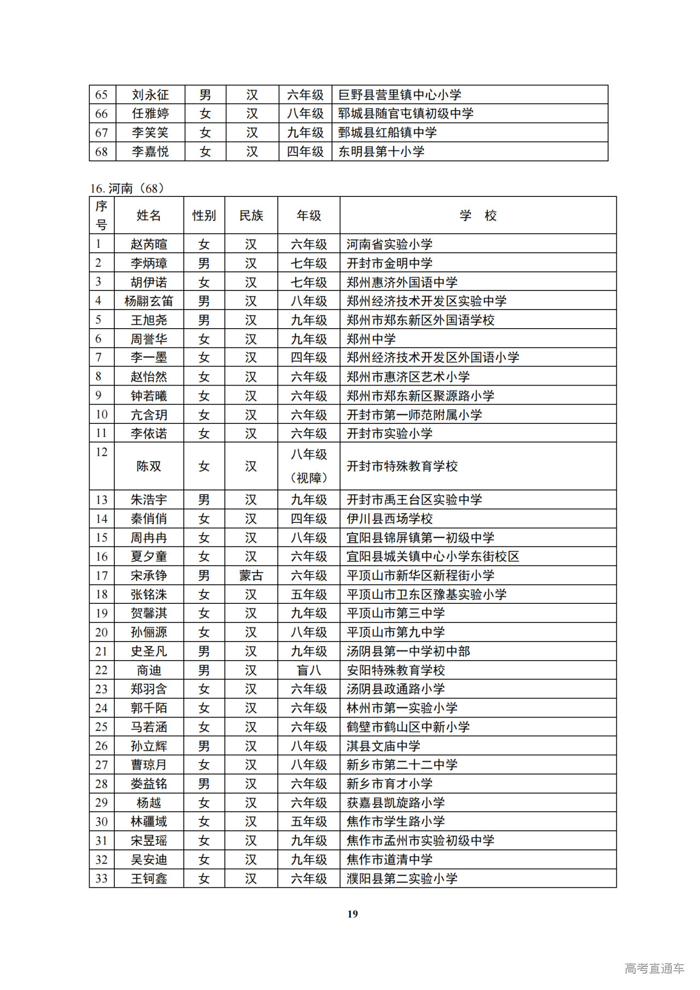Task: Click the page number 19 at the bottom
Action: [352, 913]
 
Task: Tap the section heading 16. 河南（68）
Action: [127, 189]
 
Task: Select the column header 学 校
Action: [477, 216]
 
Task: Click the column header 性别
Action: [204, 216]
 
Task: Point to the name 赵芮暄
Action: [149, 244]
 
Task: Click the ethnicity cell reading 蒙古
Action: [251, 575]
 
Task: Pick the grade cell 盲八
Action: [308, 670]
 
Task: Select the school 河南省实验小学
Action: [389, 244]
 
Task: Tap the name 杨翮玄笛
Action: [149, 301]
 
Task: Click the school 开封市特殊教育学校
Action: [402, 466]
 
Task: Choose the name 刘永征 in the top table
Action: [150, 95]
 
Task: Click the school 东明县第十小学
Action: [381, 152]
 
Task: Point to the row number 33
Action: [102, 878]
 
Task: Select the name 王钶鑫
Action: [149, 878]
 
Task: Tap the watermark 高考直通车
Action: [654, 968]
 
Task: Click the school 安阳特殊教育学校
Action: [396, 670]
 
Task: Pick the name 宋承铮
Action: [149, 575]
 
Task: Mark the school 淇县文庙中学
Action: [383, 746]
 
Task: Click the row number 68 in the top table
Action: [102, 152]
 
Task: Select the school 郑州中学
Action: [371, 339]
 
